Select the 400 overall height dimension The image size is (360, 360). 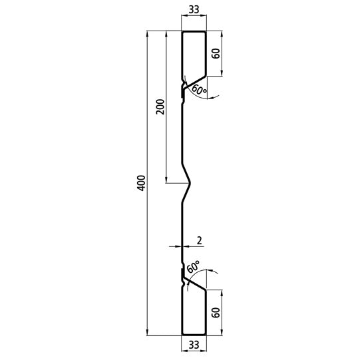coord(140,182)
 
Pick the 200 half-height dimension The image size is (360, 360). coord(159,107)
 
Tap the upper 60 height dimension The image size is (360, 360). coord(216,53)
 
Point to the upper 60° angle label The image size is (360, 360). coord(199,89)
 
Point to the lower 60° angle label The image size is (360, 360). coord(194,269)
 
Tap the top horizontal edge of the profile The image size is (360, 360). coord(194,31)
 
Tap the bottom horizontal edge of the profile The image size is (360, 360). coord(194,333)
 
